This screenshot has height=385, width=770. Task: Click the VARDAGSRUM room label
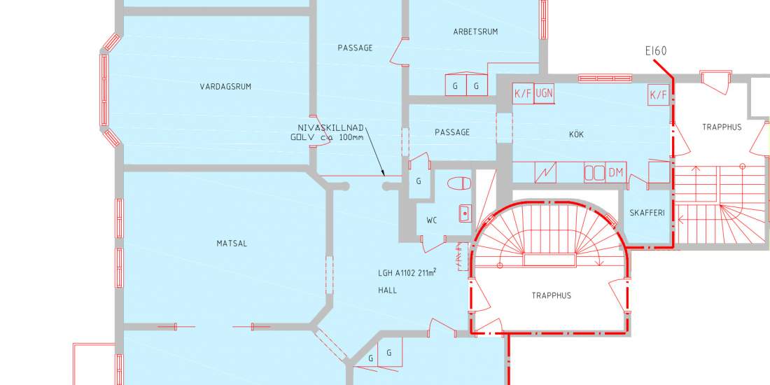click(225, 87)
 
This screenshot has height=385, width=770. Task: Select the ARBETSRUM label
click(475, 32)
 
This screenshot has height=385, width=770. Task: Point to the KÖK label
click(577, 134)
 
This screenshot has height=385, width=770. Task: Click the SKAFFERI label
click(647, 213)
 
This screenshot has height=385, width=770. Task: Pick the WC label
click(432, 221)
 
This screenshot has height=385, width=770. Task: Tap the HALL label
click(388, 290)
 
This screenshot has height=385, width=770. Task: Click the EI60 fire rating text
click(656, 51)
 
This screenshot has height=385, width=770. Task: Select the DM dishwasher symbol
click(616, 173)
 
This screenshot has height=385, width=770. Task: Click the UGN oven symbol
click(544, 93)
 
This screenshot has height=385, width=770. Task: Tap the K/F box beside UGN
click(523, 93)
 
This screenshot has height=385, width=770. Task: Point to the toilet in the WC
click(459, 183)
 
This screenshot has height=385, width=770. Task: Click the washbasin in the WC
click(465, 213)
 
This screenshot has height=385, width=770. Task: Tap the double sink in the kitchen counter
click(594, 173)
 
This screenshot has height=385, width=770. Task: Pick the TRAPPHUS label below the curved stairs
click(552, 295)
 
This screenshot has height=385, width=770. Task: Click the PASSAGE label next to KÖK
click(452, 132)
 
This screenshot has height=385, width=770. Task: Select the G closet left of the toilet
click(419, 181)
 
